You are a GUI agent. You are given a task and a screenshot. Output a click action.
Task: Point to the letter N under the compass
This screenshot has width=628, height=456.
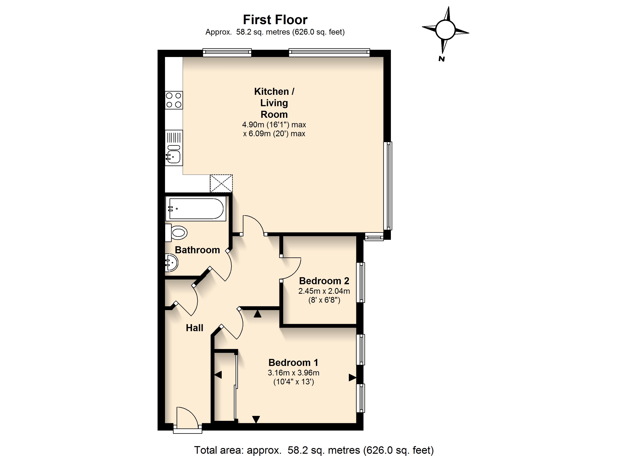pos(441,59)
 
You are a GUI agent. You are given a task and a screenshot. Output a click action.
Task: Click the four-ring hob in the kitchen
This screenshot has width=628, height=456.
pos(174,100)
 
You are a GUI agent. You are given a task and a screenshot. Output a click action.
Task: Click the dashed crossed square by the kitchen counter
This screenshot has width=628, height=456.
pos(221,183)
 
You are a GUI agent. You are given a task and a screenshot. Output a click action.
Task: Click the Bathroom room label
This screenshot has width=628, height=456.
pos(197,250)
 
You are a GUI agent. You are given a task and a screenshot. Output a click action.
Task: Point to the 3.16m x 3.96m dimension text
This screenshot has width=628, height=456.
pos(293,373)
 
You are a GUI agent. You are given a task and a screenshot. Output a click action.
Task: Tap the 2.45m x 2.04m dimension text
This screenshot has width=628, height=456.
pos(324,291)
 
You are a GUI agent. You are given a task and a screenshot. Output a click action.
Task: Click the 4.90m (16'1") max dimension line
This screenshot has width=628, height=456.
pos(274,125)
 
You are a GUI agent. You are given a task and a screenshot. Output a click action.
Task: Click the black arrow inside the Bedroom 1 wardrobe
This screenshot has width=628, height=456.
pos(218,375)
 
